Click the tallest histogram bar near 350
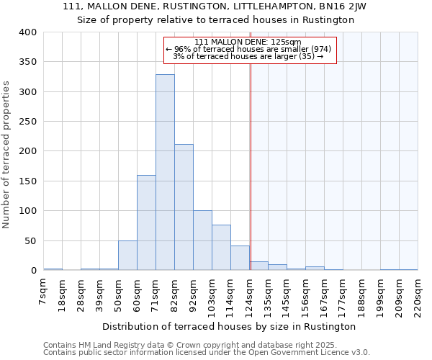click(x=165, y=173)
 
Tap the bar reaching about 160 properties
click(x=146, y=223)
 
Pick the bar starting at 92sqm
click(x=202, y=240)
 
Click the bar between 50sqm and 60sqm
click(x=127, y=256)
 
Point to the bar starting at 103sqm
click(x=221, y=248)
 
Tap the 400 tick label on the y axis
click(x=27, y=32)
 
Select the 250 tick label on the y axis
click(x=27, y=122)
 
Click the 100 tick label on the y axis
click(x=27, y=211)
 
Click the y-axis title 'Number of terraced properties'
click(x=7, y=154)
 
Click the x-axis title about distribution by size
click(x=234, y=326)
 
